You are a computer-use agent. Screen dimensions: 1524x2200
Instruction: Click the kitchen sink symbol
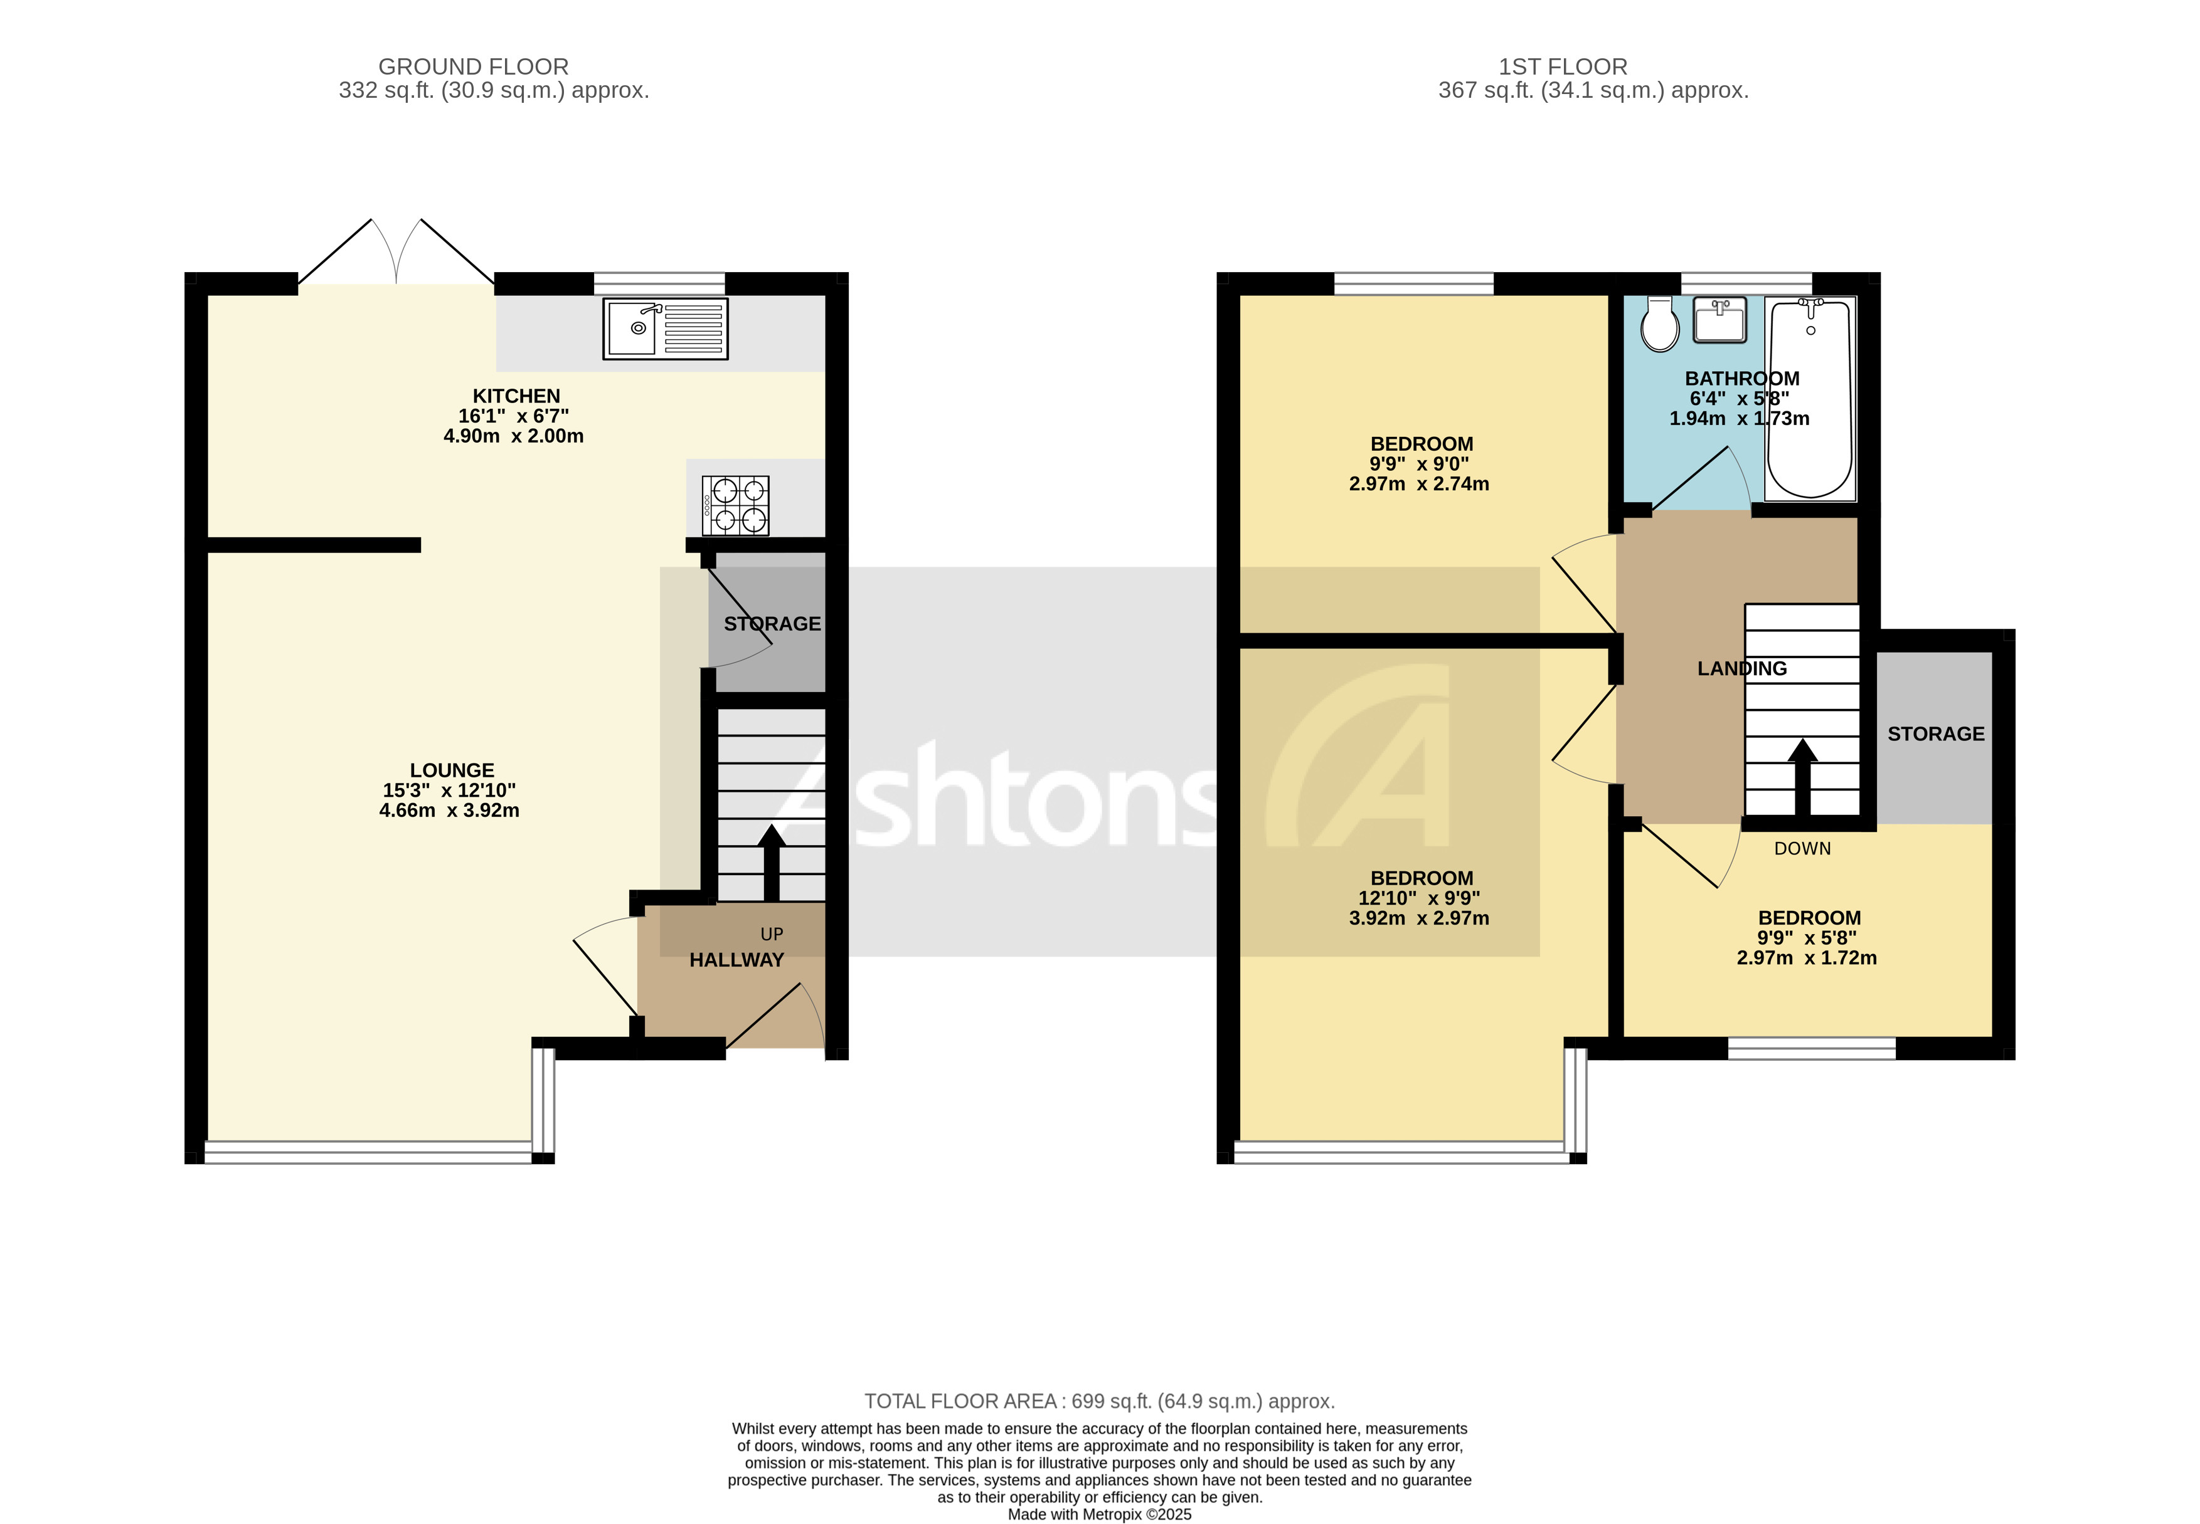tap(665, 328)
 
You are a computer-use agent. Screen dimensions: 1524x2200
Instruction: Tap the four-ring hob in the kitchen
tap(736, 505)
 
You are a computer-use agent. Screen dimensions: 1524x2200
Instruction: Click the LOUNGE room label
tap(452, 770)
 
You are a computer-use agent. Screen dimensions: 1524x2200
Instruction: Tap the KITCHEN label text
tap(516, 396)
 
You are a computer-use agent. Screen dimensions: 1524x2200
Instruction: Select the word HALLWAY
tap(736, 960)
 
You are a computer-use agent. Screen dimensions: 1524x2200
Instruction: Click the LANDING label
tap(1741, 668)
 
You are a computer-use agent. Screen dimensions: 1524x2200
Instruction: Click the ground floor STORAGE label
tap(772, 624)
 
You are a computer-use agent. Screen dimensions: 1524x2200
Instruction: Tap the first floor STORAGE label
tap(1935, 733)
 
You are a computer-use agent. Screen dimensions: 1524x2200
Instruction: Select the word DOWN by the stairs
tap(1802, 848)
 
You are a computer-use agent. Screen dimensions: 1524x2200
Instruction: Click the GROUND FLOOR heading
tap(473, 67)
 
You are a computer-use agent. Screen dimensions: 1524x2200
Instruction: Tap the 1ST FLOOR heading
tap(1562, 67)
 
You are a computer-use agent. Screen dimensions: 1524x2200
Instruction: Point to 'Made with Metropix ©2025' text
tap(1100, 1513)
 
